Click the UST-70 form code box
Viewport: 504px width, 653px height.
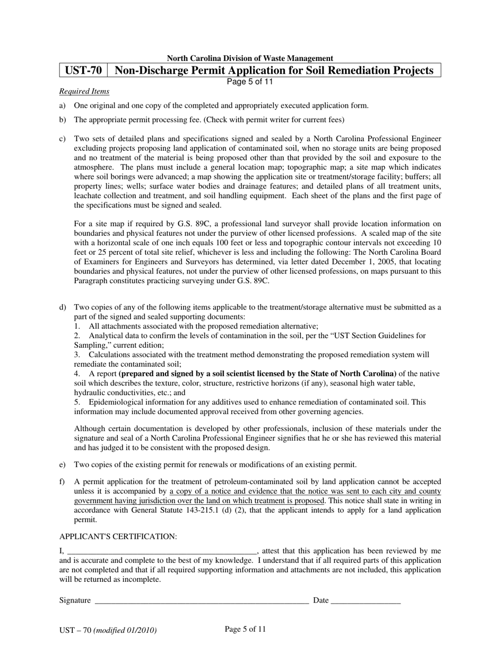(x=83, y=71)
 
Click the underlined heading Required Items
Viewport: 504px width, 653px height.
(x=84, y=91)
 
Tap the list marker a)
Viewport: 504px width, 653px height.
(x=63, y=106)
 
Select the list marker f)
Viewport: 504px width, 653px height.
(x=63, y=482)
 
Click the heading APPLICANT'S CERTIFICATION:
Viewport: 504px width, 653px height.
(x=118, y=536)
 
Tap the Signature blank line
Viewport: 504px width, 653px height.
(x=201, y=601)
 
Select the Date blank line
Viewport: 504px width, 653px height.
(x=366, y=601)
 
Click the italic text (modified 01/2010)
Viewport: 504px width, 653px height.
(x=125, y=631)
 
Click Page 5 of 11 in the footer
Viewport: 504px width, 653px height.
(x=245, y=629)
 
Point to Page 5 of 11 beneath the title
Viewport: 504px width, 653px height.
(x=250, y=82)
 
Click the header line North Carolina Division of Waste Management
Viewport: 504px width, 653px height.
(x=250, y=58)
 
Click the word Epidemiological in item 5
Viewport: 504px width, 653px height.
(x=115, y=402)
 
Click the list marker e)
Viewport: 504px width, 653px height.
(x=63, y=465)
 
